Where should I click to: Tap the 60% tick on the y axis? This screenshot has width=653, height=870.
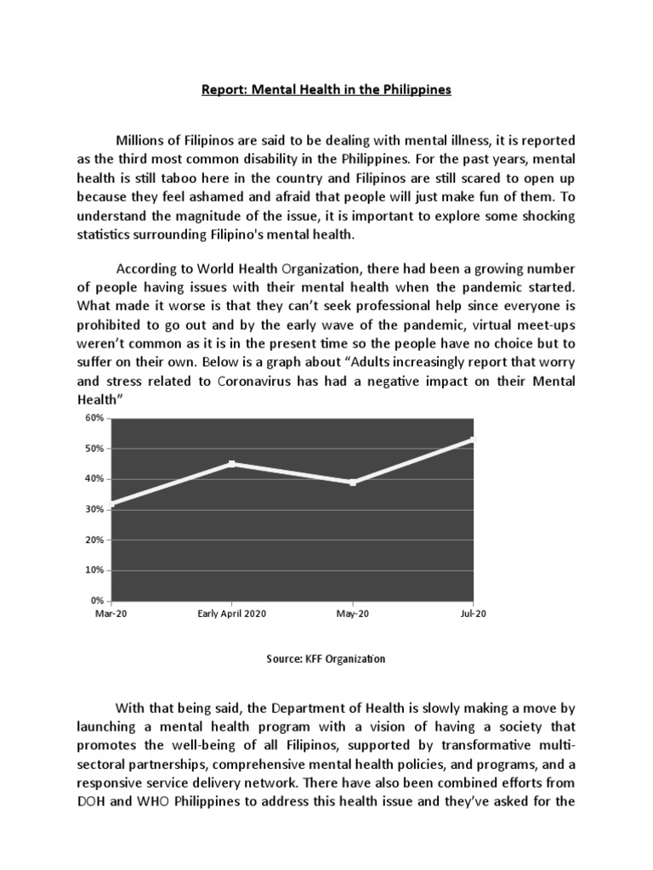coord(94,418)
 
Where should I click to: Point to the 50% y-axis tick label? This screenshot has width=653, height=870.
coord(94,449)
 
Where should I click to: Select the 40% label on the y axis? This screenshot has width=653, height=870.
coord(94,479)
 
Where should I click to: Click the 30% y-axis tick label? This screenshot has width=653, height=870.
coord(94,510)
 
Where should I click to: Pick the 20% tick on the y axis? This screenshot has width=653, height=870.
coord(94,540)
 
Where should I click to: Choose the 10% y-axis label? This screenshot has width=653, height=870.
coord(94,571)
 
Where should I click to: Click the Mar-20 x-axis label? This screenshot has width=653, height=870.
coord(111,613)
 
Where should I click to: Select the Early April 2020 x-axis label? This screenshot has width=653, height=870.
coord(232,613)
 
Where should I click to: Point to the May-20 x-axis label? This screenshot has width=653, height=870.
coord(353,613)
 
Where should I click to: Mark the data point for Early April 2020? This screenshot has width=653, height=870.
coord(232,463)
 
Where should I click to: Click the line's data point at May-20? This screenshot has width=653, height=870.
coord(353,483)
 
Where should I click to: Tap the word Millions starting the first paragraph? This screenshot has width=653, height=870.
coord(144,139)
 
